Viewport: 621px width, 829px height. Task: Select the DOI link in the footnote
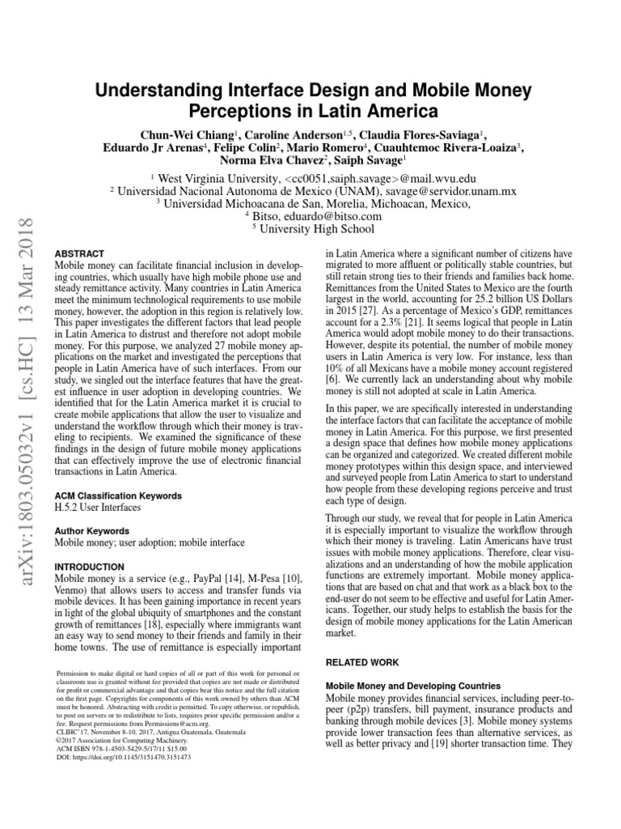point(124,758)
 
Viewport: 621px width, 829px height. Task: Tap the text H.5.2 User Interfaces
point(96,508)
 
